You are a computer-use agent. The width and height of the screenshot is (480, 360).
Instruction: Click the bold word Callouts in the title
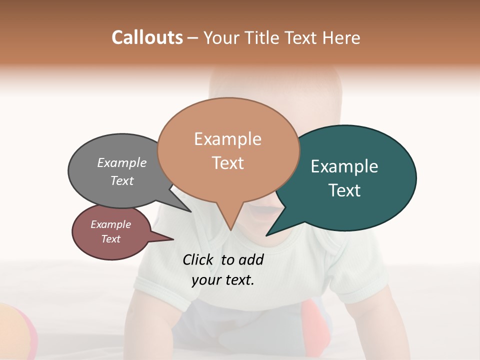tap(147, 37)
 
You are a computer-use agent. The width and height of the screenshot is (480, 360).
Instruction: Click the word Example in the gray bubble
tap(122, 163)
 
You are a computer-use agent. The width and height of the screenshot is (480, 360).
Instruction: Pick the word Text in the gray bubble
tap(122, 180)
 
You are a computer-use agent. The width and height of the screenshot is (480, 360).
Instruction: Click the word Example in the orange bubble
tap(227, 139)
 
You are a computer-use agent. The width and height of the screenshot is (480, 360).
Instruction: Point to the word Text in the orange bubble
tap(227, 163)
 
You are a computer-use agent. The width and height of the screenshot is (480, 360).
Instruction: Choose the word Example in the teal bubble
tap(344, 166)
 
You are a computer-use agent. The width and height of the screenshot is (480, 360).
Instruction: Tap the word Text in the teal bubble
tap(344, 190)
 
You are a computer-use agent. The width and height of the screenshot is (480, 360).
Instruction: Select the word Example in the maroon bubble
tap(111, 224)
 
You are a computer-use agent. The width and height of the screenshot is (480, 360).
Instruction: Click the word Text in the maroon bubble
tap(111, 239)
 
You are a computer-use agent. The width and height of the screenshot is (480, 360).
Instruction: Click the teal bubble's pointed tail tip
tap(267, 235)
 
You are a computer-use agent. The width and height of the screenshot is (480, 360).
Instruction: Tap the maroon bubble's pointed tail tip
tap(173, 239)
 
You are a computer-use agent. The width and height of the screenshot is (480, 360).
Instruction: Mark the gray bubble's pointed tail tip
tap(191, 211)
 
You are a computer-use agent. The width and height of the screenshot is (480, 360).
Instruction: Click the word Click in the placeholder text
tap(197, 259)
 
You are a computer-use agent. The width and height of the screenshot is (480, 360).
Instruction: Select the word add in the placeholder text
tap(251, 259)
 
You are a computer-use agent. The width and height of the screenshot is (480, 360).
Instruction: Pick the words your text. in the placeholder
tap(223, 280)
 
